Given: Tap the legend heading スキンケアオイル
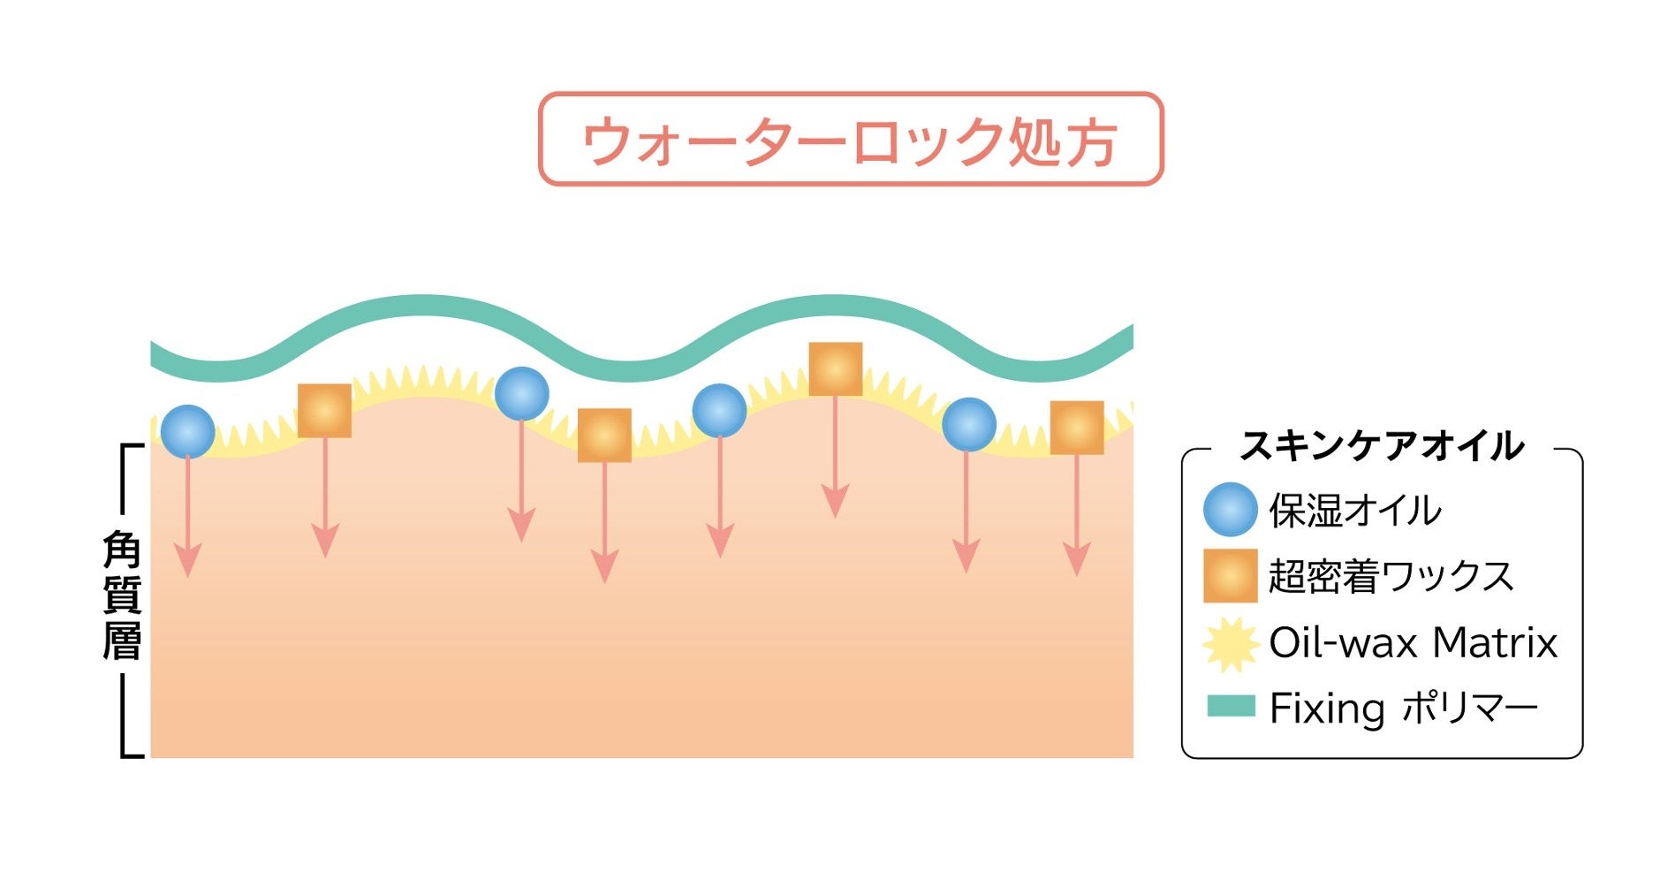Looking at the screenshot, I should pos(1382,447).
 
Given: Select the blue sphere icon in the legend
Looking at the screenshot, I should pos(1230,510).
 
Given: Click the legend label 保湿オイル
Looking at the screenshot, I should pos(1355,511).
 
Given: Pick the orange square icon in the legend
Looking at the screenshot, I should pos(1230,576).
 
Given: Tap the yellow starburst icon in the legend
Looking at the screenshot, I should pos(1230,643).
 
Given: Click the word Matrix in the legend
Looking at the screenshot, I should pos(1495,642).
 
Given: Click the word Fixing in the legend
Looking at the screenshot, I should pos(1327,709).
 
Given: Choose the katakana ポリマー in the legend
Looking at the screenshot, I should pos(1469,709).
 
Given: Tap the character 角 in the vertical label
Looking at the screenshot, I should pos(122,550).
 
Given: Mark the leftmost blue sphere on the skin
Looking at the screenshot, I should pos(187,431).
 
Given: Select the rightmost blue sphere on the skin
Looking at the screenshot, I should pos(969,424).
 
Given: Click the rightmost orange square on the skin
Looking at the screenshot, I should pos(1077,428).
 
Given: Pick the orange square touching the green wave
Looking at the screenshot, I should pos(835,369).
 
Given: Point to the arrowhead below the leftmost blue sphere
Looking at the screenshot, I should pos(187,561).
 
